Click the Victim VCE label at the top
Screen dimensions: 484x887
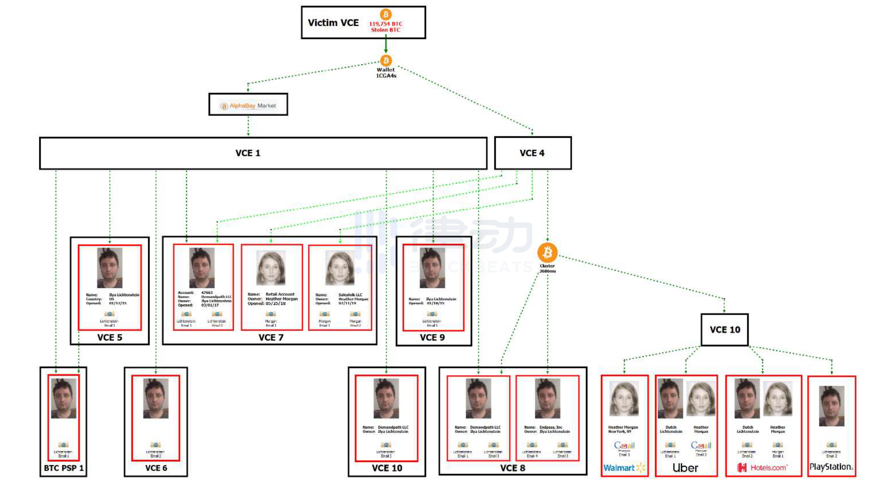[333, 23]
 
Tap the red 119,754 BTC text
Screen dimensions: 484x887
[386, 24]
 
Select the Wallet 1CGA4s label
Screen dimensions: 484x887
[386, 72]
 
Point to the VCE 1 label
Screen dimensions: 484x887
[248, 153]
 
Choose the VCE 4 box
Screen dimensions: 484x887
[532, 153]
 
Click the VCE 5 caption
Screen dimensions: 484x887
[110, 337]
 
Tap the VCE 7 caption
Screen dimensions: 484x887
[271, 337]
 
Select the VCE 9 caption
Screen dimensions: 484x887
[432, 337]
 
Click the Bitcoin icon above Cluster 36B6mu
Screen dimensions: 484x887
[547, 252]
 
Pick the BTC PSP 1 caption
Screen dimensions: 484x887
[63, 468]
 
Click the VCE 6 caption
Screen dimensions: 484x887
[156, 468]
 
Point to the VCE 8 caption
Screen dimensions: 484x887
[512, 468]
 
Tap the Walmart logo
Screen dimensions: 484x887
[624, 468]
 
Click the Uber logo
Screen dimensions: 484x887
[685, 468]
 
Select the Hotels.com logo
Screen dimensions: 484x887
[763, 468]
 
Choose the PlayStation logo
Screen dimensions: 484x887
[831, 467]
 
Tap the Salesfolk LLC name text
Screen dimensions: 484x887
[350, 295]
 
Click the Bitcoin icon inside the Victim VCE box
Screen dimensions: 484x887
[386, 14]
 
